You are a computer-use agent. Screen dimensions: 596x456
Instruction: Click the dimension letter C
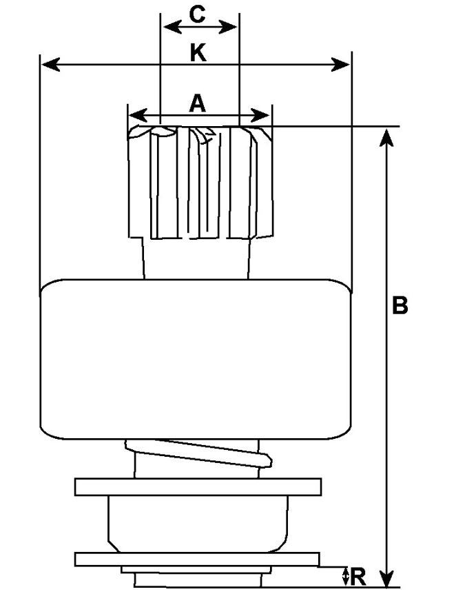[x=198, y=14]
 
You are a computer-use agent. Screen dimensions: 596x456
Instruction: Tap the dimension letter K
[x=198, y=53]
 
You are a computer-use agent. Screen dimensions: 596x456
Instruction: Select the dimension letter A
[x=198, y=103]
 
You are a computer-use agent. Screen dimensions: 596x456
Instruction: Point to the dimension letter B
[x=400, y=306]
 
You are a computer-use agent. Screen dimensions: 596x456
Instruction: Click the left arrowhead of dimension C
[x=168, y=27]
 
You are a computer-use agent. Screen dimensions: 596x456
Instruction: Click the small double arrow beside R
[x=346, y=576]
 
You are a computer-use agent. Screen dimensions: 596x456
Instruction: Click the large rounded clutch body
[x=196, y=358]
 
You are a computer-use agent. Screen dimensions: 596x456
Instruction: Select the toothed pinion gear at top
[x=200, y=183]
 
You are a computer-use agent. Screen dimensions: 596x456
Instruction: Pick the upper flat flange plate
[x=198, y=487]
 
